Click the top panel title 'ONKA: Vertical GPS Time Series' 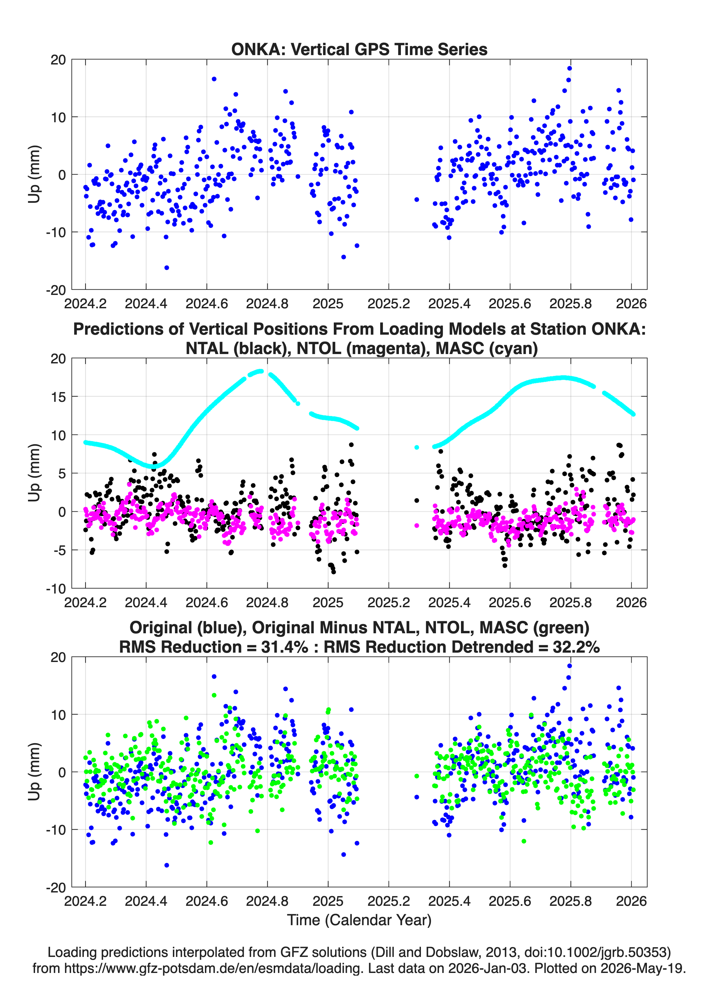pyautogui.click(x=359, y=49)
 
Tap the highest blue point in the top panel pyautogui.click(x=569, y=68)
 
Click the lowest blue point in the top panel pyautogui.click(x=166, y=268)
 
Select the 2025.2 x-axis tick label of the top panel pyautogui.click(x=389, y=304)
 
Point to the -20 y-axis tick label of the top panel pyautogui.click(x=56, y=290)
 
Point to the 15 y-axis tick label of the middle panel pyautogui.click(x=58, y=396)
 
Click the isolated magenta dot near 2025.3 pyautogui.click(x=417, y=525)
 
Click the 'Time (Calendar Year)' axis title pyautogui.click(x=359, y=920)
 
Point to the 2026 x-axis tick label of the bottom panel pyautogui.click(x=631, y=901)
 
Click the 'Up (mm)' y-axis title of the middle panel pyautogui.click(x=35, y=473)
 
